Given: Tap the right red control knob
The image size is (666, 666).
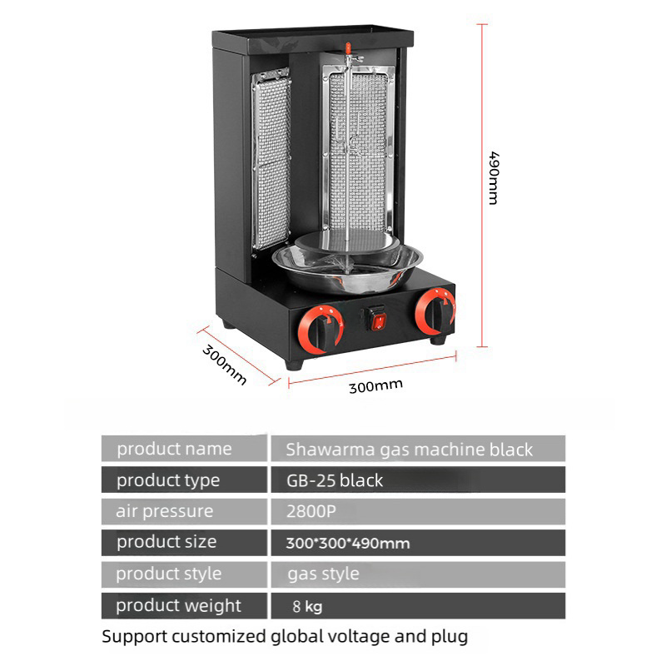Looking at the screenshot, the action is point(435,312).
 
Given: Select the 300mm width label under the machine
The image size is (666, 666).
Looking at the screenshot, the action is point(375,386).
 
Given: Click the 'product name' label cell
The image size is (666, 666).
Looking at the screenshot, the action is point(174,449).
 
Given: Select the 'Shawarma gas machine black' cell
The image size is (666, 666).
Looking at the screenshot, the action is point(410,450).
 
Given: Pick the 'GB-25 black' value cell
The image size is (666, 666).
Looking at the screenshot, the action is point(335,480).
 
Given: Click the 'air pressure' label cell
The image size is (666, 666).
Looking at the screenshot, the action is point(165,511).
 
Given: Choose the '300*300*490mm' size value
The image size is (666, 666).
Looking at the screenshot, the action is point(348,544).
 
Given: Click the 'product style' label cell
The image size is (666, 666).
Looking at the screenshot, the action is point(169,574).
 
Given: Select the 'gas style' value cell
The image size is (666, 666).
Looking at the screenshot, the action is point(323,574).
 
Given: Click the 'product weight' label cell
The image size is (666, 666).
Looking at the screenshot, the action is point(178,605).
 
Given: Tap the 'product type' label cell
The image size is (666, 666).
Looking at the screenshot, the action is point(168,480).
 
